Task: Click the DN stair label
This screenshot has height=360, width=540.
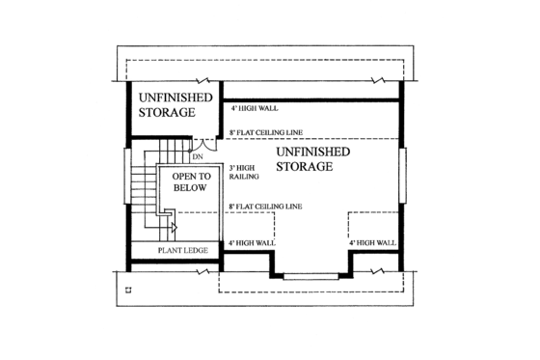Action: tap(197, 155)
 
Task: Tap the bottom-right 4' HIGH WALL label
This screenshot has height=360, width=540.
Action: tap(372, 242)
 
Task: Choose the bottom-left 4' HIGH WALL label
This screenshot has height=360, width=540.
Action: tap(253, 242)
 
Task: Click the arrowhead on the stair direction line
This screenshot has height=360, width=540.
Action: tap(174, 229)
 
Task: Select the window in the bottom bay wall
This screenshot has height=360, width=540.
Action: tap(310, 277)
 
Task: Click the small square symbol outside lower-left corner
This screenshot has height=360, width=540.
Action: tap(128, 287)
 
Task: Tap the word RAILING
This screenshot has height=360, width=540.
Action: tap(242, 176)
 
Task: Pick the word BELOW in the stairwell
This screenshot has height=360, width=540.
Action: tap(189, 188)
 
